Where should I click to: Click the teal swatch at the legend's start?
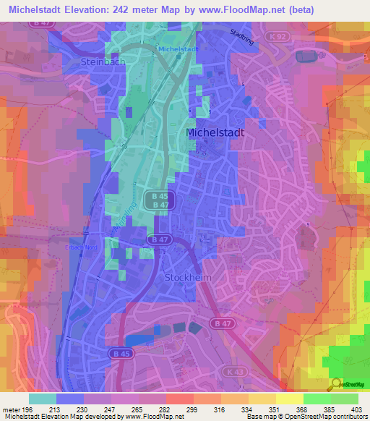point(43,398)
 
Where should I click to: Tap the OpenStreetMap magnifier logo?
point(335,383)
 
